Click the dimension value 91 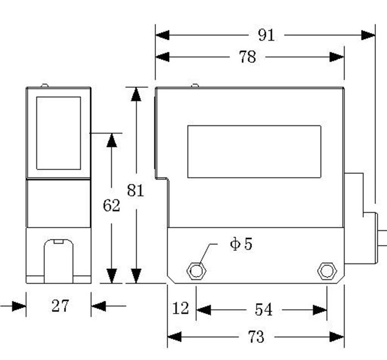(x=266, y=35)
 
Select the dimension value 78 (x=248, y=57)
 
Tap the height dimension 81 (x=135, y=190)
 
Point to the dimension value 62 (x=112, y=205)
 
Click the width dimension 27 (x=60, y=305)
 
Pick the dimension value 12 (x=180, y=308)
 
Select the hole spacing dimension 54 (x=263, y=310)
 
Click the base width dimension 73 (x=256, y=336)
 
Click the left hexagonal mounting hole (x=196, y=271)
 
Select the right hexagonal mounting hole (x=327, y=271)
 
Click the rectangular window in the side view (x=254, y=152)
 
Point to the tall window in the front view (x=59, y=133)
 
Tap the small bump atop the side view (x=195, y=86)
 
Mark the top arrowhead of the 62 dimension (x=112, y=140)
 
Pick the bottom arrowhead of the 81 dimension (x=136, y=276)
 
